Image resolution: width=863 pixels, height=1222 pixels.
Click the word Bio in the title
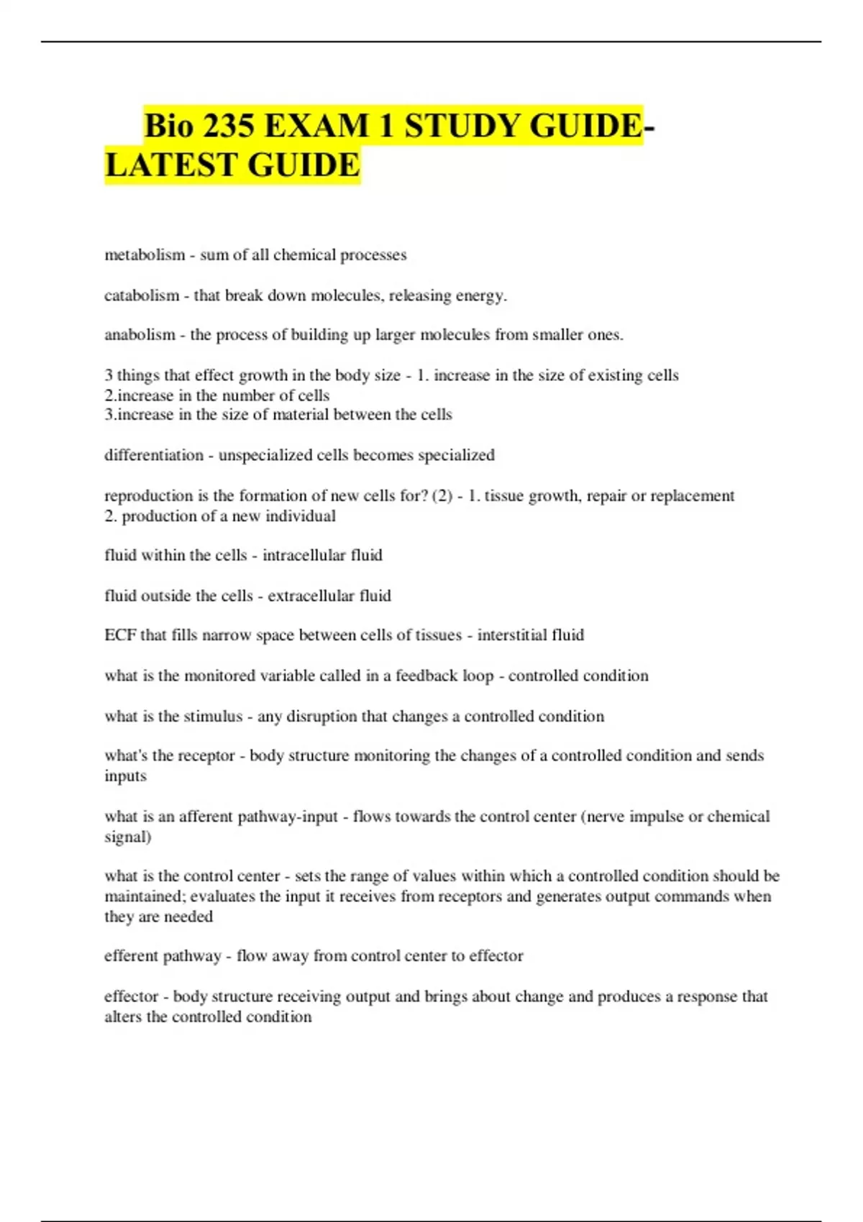coord(169,127)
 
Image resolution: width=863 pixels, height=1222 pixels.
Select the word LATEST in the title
coord(171,165)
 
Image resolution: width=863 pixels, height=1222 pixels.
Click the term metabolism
coord(145,255)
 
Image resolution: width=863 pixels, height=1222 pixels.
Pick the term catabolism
coord(142,295)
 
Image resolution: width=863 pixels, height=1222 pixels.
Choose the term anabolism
coord(140,335)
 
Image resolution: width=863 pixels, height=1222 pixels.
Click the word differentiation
coord(154,455)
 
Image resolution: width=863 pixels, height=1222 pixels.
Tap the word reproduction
coord(147,496)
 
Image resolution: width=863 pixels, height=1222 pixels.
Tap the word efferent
coord(131,956)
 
